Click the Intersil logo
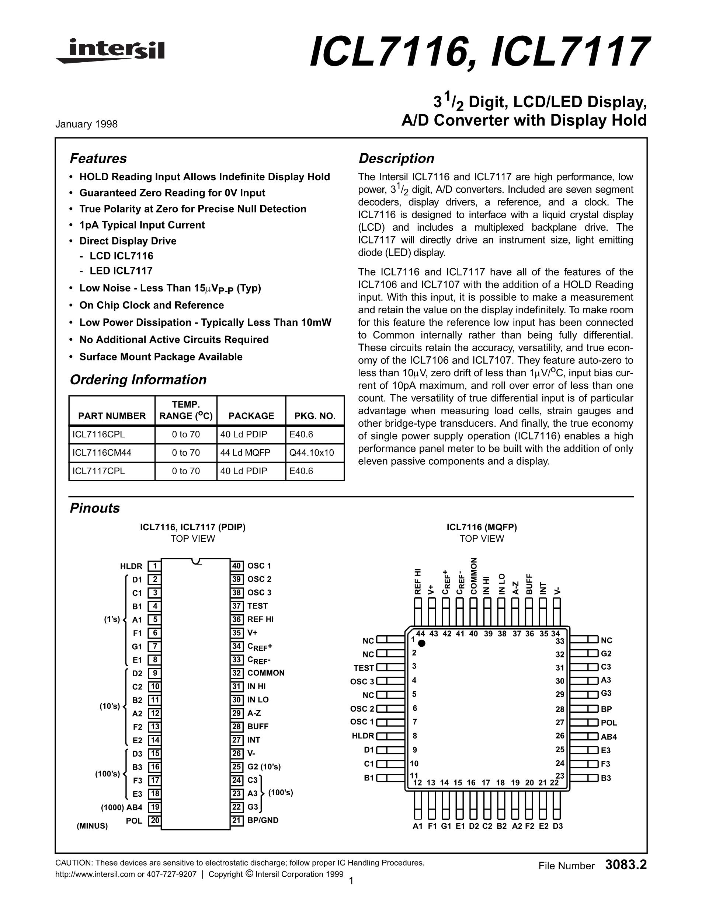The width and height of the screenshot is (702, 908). [110, 51]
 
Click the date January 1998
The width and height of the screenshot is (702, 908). [87, 124]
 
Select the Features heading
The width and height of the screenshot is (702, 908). [98, 158]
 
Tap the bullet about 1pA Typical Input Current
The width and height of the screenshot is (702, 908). [142, 225]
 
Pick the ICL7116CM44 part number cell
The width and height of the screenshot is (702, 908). [102, 453]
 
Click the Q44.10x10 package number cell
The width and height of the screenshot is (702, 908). [312, 453]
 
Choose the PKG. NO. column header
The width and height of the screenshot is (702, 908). [315, 416]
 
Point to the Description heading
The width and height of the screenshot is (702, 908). [396, 158]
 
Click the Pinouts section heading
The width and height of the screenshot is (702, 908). [95, 508]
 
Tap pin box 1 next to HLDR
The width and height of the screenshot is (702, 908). [155, 566]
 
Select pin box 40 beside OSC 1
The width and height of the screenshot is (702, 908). [237, 566]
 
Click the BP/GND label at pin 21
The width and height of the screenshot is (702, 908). [263, 820]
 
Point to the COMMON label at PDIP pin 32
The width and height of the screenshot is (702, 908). [266, 673]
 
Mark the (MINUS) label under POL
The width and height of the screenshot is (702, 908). [92, 826]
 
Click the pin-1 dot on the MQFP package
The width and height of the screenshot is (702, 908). [422, 643]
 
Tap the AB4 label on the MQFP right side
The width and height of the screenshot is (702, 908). [608, 737]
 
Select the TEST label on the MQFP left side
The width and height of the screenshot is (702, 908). [364, 668]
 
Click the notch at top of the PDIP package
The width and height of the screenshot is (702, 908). [196, 561]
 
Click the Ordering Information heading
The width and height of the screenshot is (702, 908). [138, 380]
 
